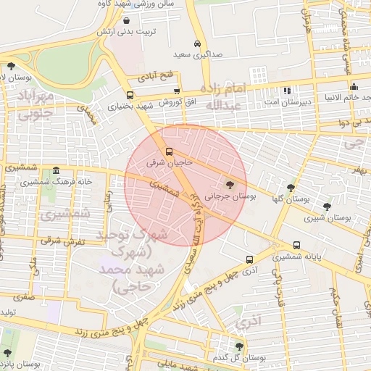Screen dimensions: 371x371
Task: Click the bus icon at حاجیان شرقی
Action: click(169, 151)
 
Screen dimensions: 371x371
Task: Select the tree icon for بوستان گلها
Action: click(291, 187)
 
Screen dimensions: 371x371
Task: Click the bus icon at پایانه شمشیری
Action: click(297, 246)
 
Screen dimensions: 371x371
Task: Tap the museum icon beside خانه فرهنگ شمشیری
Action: click(56, 170)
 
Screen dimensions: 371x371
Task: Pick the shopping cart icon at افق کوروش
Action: click(177, 91)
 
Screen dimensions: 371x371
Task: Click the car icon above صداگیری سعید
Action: click(198, 43)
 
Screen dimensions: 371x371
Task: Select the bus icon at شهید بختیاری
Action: click(130, 95)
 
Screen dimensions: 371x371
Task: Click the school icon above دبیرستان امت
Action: click(287, 91)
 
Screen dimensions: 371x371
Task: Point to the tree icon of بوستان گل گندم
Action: click(239, 346)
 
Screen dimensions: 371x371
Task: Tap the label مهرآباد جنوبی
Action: click(36, 105)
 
